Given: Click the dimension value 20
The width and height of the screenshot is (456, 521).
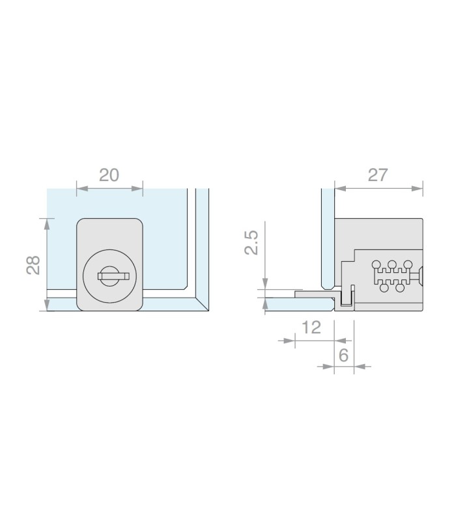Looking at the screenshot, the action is pyautogui.click(x=109, y=175).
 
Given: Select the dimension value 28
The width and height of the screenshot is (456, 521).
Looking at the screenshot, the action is pyautogui.click(x=33, y=265).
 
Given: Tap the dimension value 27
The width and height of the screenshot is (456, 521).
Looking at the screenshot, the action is pyautogui.click(x=378, y=175).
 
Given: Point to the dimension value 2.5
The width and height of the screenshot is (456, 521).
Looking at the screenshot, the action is pyautogui.click(x=251, y=242).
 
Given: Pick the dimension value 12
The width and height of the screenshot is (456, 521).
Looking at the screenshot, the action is pyautogui.click(x=311, y=328).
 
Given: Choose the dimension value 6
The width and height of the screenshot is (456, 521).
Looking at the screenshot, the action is pyautogui.click(x=344, y=355).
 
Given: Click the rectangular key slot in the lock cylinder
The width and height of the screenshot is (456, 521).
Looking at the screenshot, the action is pyautogui.click(x=113, y=276).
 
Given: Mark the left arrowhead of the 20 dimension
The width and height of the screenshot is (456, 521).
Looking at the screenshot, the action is pyautogui.click(x=82, y=188).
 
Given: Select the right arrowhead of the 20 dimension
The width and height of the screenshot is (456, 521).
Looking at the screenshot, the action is pyautogui.click(x=137, y=188).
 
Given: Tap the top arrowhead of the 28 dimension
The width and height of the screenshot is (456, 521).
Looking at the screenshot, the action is pyautogui.click(x=47, y=224).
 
